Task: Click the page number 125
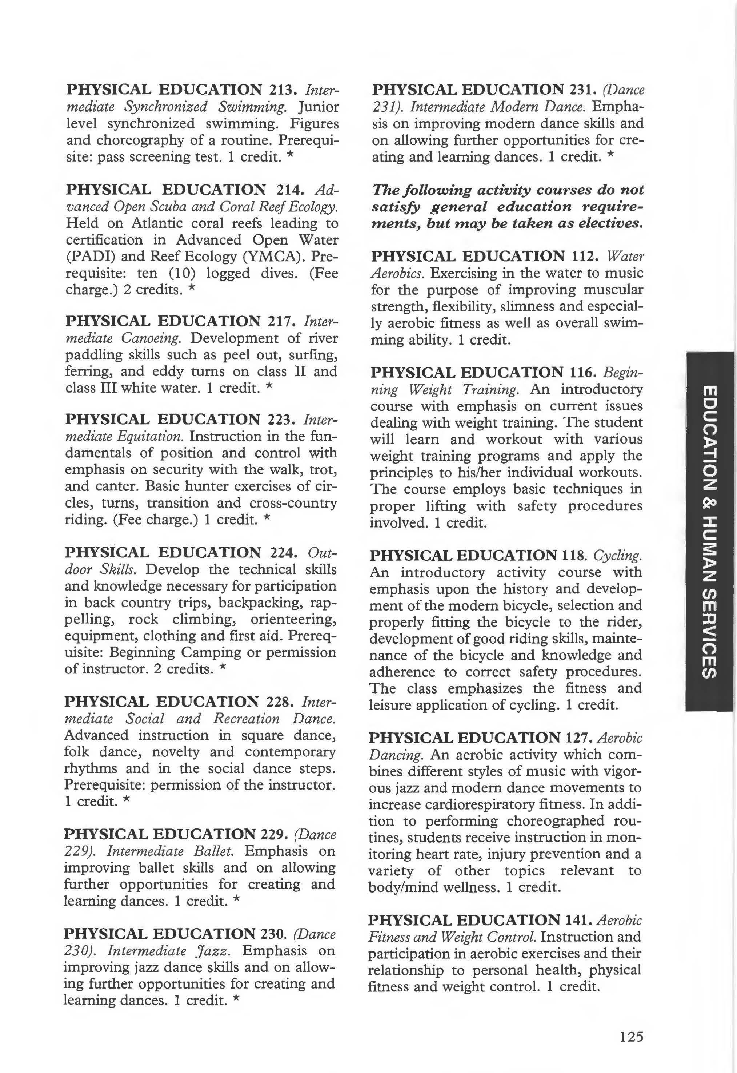pyautogui.click(x=631, y=1037)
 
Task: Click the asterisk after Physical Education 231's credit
pyautogui.click(x=611, y=156)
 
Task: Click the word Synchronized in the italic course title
pyautogui.click(x=166, y=107)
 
